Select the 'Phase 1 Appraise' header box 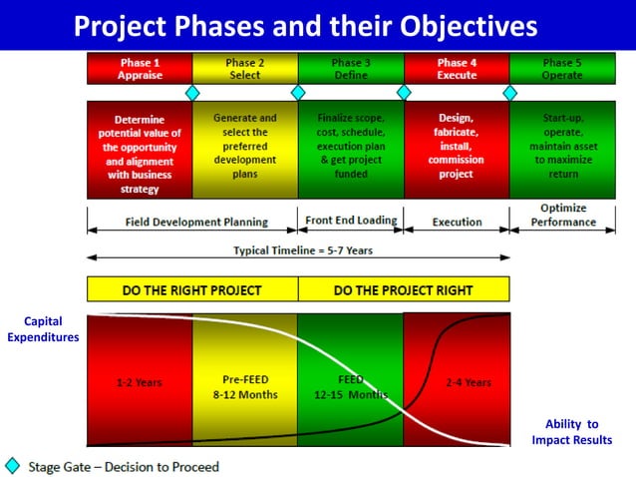(x=140, y=68)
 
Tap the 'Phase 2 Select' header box (x=244, y=68)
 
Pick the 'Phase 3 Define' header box (x=351, y=68)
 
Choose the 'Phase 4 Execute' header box (x=457, y=68)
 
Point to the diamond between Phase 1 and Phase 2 (x=192, y=93)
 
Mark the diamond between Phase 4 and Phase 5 (x=509, y=93)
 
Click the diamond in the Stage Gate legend (x=13, y=466)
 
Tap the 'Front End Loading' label (x=350, y=221)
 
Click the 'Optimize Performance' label (x=563, y=216)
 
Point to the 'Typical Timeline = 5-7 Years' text (x=303, y=250)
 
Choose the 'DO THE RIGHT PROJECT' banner (x=191, y=290)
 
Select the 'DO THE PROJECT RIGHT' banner (x=403, y=290)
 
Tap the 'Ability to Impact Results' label (x=571, y=431)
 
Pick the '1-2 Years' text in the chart (x=140, y=382)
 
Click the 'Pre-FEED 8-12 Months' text (x=244, y=387)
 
